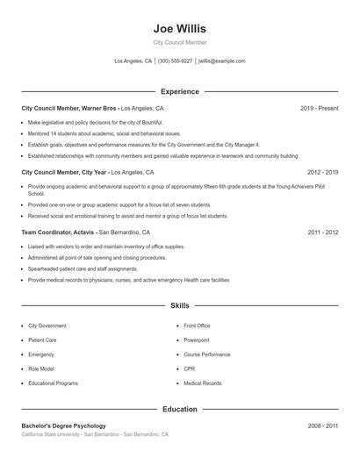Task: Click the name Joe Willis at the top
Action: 179,27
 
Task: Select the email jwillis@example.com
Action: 221,61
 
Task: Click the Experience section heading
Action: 179,91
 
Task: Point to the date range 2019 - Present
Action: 319,108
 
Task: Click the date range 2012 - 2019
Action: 322,173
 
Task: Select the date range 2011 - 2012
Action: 322,232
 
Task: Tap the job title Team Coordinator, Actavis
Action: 58,232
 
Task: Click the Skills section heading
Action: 179,306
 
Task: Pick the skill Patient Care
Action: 42,340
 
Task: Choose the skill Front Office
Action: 197,325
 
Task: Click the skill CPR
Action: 189,369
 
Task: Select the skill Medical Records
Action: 202,383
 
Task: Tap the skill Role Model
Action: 40,369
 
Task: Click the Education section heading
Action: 179,409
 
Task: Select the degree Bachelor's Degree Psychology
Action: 63,426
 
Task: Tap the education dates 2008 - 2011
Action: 322,426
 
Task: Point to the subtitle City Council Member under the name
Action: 179,42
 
